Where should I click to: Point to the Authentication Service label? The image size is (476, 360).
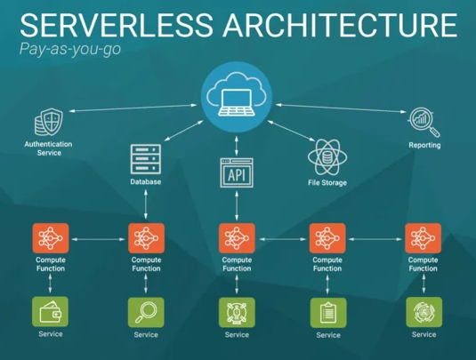click(x=49, y=148)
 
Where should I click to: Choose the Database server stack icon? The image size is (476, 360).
click(x=145, y=158)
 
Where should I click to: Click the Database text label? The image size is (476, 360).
click(x=145, y=181)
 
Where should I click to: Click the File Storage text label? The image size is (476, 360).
click(x=327, y=183)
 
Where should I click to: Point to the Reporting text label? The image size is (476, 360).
click(x=424, y=144)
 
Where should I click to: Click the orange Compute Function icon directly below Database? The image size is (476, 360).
click(x=145, y=238)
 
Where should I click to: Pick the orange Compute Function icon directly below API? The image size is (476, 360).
click(x=237, y=238)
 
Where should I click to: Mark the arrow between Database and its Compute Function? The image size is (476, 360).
click(x=145, y=204)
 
